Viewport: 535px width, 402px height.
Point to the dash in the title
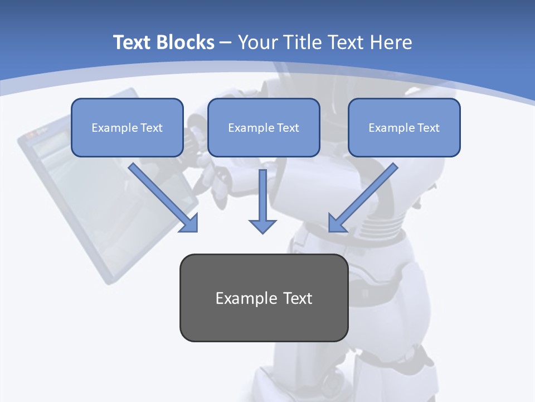pyautogui.click(x=226, y=43)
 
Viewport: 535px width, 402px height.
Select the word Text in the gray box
pyautogui.click(x=298, y=298)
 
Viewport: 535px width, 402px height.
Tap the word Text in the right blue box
pyautogui.click(x=428, y=128)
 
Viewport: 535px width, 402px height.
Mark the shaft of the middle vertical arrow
pyautogui.click(x=262, y=193)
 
